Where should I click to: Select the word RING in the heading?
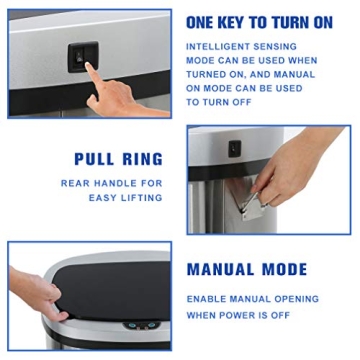coord(141,159)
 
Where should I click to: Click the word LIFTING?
coord(141,197)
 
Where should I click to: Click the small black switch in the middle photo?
coord(233,148)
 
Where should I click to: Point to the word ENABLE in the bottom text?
coord(206,299)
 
